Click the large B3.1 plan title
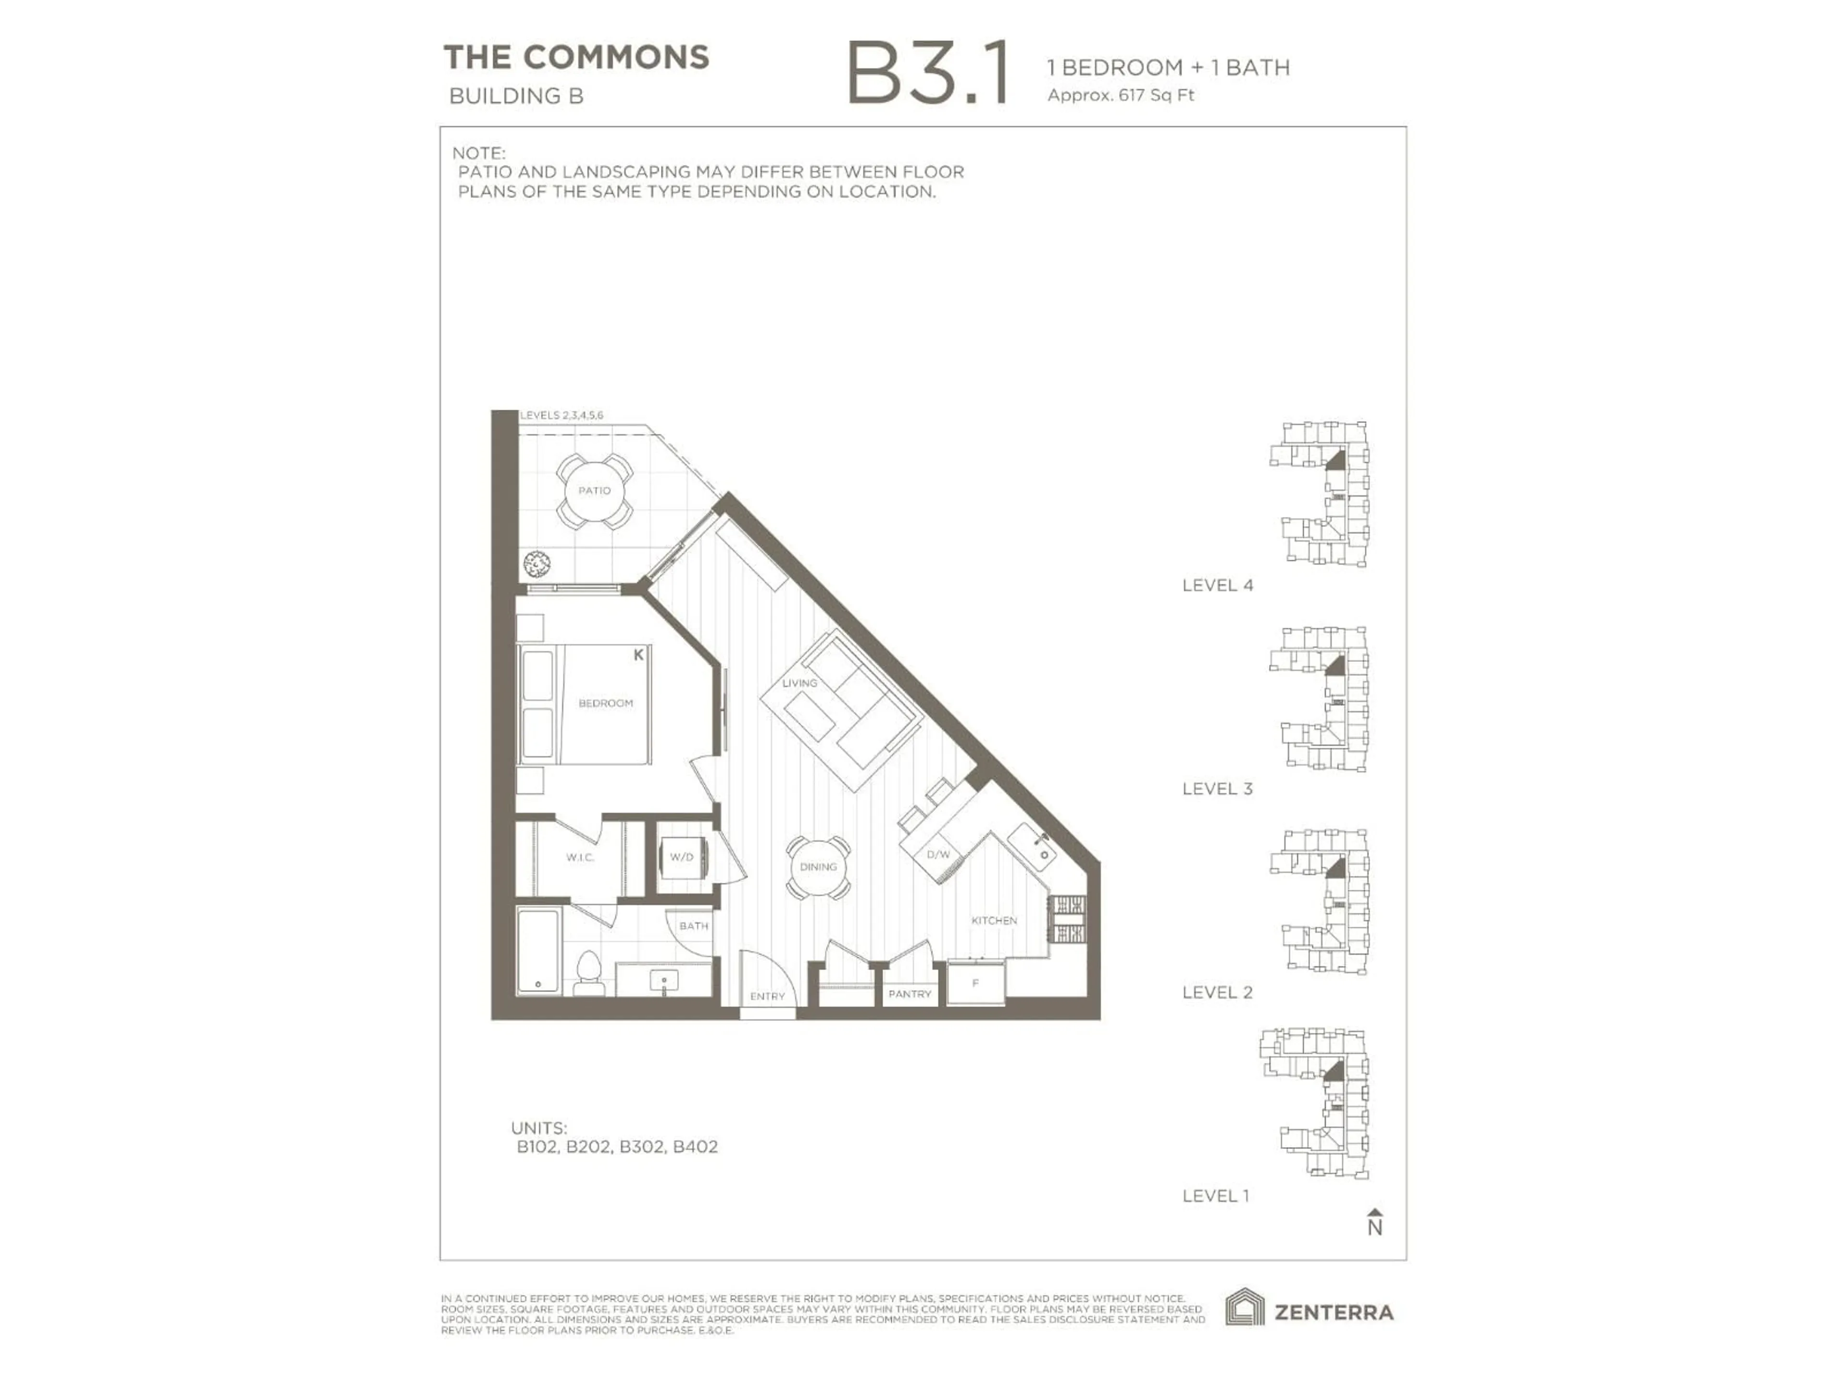click(928, 75)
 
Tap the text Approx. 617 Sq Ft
click(1120, 95)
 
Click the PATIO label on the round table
click(594, 491)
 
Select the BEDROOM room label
click(605, 704)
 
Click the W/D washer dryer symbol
click(682, 857)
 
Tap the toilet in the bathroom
click(589, 972)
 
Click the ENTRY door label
click(767, 996)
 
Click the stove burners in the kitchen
click(1067, 919)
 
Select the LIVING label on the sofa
click(799, 683)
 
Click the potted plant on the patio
click(536, 565)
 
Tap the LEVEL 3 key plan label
click(1217, 789)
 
